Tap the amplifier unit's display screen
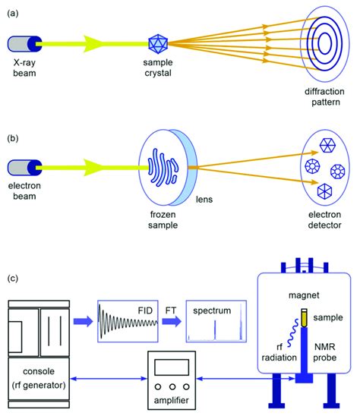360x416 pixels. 171,364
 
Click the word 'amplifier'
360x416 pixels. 171,400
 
